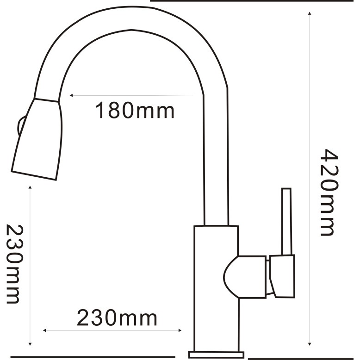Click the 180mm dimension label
click(135, 111)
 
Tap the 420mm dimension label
click(329, 192)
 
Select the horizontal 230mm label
click(117, 318)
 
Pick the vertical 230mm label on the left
click(15, 264)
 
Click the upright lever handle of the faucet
click(287, 222)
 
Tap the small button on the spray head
click(21, 125)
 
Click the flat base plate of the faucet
click(216, 354)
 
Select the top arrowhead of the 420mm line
click(310, 13)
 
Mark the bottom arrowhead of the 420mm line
click(310, 344)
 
